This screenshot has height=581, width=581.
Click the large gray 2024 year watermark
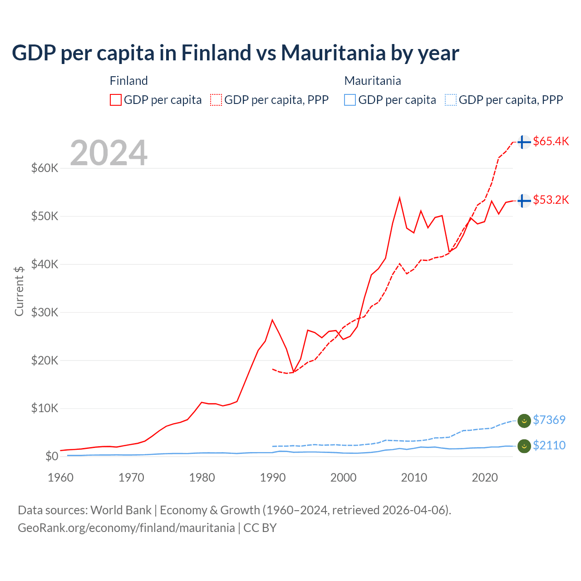(x=108, y=153)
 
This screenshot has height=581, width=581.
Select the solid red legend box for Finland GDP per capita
(x=116, y=100)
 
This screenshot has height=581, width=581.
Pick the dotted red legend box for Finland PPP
(x=216, y=100)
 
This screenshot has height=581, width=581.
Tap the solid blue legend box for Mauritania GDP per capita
(x=350, y=100)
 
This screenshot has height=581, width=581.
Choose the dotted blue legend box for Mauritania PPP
(x=451, y=100)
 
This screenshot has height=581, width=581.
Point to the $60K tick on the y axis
(x=45, y=168)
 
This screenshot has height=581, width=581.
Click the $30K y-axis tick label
(x=45, y=312)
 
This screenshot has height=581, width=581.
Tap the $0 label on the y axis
(x=52, y=456)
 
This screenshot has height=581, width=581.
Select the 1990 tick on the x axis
(x=273, y=478)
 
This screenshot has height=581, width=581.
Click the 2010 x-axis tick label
(x=414, y=478)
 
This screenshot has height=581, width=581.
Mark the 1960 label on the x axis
(x=61, y=478)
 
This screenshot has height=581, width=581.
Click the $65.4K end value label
(x=551, y=141)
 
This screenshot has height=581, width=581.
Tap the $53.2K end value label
(x=551, y=200)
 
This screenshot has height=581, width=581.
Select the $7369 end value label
(x=549, y=420)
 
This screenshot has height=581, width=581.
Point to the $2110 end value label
(x=549, y=445)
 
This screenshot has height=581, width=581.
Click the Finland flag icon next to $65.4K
(x=524, y=142)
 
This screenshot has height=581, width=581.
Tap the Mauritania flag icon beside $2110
(x=524, y=446)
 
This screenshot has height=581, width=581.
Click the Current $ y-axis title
(x=19, y=291)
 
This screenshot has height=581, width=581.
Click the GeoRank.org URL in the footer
(x=126, y=528)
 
